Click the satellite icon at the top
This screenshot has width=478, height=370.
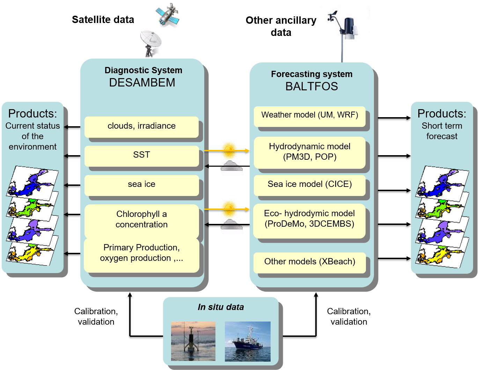pyautogui.click(x=167, y=15)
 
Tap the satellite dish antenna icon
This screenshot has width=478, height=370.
pyautogui.click(x=150, y=44)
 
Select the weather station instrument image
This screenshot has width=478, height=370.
pyautogui.click(x=345, y=34)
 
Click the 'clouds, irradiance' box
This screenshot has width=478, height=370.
pyautogui.click(x=141, y=126)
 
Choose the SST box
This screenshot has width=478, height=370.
pyautogui.click(x=141, y=155)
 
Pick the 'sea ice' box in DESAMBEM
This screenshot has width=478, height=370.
pyautogui.click(x=141, y=184)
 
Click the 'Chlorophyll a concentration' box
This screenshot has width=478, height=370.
pyautogui.click(x=141, y=220)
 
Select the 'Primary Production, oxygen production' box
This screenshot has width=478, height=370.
pyautogui.click(x=141, y=254)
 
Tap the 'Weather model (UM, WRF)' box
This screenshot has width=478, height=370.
pyautogui.click(x=309, y=115)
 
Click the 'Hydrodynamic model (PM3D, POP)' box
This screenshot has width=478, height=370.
pyautogui.click(x=309, y=152)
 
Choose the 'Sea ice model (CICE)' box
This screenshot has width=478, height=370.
pyautogui.click(x=309, y=184)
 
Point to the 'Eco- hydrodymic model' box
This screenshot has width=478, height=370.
pyautogui.click(x=309, y=219)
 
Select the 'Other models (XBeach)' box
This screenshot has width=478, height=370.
pyautogui.click(x=309, y=262)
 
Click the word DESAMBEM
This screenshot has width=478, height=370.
pyautogui.click(x=142, y=83)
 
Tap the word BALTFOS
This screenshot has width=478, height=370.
pyautogui.click(x=311, y=86)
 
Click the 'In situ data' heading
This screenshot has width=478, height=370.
pyautogui.click(x=221, y=307)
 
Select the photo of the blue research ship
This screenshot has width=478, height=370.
pyautogui.click(x=248, y=341)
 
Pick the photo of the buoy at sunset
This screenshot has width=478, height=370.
pyautogui.click(x=193, y=341)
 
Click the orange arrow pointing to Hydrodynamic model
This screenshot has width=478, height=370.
pyautogui.click(x=227, y=151)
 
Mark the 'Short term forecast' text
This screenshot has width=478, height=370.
pyautogui.click(x=442, y=131)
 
